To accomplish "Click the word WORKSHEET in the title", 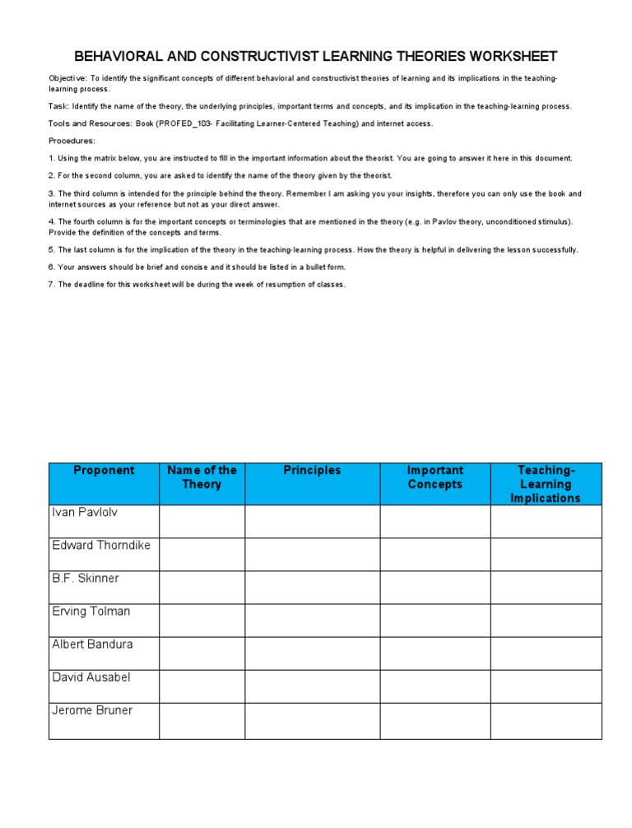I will click(511, 57).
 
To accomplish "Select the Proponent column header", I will click(104, 471).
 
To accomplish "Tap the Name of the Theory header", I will click(202, 477).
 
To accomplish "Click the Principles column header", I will click(312, 471).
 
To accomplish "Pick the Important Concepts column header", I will click(435, 477).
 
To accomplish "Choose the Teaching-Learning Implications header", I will click(546, 484).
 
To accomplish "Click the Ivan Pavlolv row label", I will click(85, 512).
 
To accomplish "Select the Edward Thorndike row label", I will click(101, 545).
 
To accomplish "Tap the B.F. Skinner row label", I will click(86, 578).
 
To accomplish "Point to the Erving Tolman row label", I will click(91, 611).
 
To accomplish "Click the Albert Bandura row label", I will click(92, 644).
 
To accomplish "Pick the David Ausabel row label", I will click(91, 677).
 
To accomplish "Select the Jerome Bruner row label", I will click(92, 709).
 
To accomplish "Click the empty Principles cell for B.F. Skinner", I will click(312, 587).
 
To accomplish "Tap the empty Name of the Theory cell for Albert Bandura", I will click(202, 653).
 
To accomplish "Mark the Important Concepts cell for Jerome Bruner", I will click(435, 720).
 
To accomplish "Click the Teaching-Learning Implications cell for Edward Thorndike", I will click(546, 554).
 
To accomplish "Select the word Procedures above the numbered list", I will click(71, 141).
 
